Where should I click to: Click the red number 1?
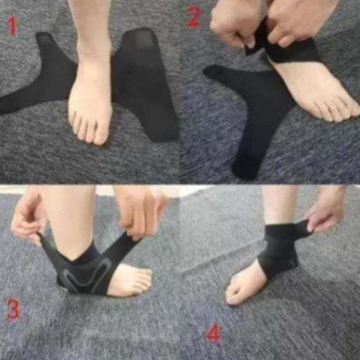[x=13, y=26]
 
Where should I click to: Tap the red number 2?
[x=193, y=16]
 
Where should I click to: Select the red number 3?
[x=13, y=309]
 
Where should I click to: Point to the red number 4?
[x=214, y=332]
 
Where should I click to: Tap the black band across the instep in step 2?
[x=292, y=52]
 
